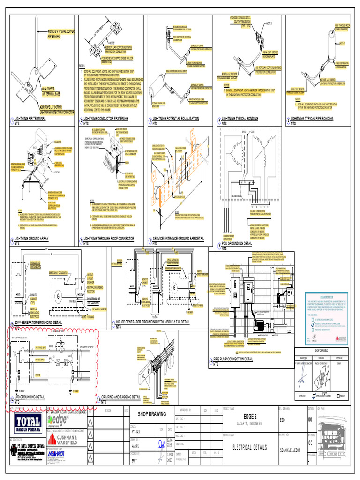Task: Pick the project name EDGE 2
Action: [250, 417]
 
